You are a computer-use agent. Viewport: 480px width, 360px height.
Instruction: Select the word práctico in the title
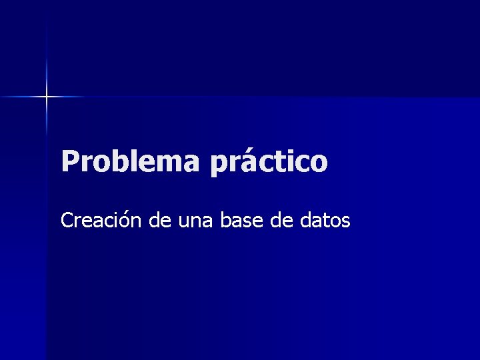tap(270, 162)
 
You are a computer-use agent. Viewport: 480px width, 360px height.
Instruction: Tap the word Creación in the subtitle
tap(102, 219)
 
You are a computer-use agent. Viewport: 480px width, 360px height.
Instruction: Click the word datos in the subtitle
tap(325, 219)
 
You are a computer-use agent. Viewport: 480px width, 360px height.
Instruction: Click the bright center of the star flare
tap(47, 97)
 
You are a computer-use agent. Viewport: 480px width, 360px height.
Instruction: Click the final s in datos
tap(345, 221)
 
